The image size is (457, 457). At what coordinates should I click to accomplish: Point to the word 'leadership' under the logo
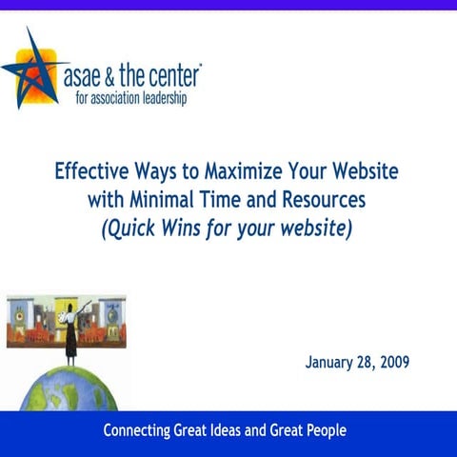[160, 96]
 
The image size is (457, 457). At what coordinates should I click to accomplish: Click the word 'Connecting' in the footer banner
[143, 431]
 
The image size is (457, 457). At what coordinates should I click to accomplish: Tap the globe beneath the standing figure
[66, 390]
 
